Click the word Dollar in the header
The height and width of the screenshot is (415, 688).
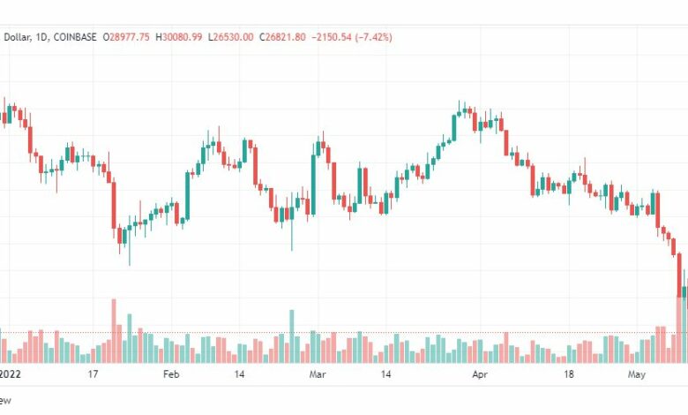click(18, 37)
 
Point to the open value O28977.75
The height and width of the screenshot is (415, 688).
click(127, 37)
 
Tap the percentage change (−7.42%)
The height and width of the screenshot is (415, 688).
click(372, 37)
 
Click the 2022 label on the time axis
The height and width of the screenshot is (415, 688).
click(11, 374)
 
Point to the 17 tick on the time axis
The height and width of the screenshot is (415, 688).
click(93, 374)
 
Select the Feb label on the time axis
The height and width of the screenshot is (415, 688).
click(171, 374)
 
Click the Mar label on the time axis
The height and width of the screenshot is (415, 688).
click(318, 374)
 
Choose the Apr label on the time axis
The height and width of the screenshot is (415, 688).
click(479, 374)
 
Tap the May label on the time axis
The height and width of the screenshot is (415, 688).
click(637, 374)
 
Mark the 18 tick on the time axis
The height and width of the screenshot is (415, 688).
click(569, 374)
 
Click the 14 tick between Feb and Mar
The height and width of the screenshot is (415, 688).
click(239, 374)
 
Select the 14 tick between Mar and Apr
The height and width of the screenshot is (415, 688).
click(385, 374)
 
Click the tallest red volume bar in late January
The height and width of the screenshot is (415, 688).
click(114, 331)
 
